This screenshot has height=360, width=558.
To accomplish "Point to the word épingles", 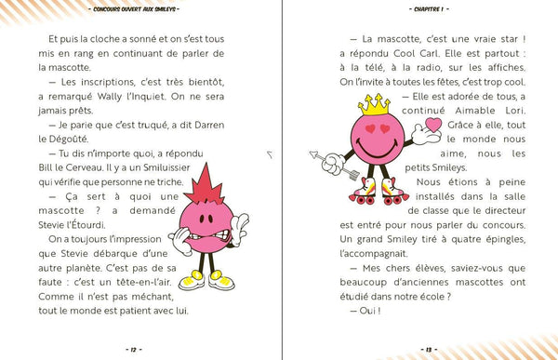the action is click(498, 236).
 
